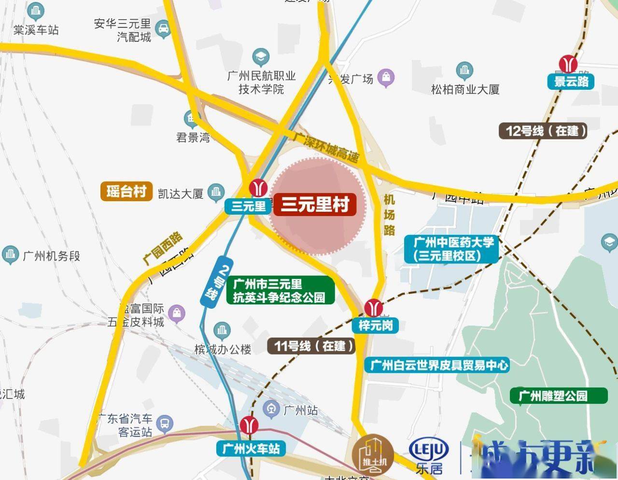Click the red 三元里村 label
[x=315, y=205]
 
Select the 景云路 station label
[x=571, y=81]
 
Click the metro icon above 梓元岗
[x=373, y=307]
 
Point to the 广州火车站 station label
[x=251, y=449]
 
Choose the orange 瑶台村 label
[x=126, y=192]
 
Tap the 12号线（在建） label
[x=543, y=131]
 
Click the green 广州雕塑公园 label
[x=559, y=396]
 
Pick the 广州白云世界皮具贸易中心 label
[x=439, y=365]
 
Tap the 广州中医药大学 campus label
[x=451, y=249]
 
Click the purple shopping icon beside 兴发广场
[x=386, y=77]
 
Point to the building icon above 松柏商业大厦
[x=464, y=70]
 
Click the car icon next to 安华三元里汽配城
[x=163, y=29]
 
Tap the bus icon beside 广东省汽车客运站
[x=165, y=424]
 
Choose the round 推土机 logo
[x=372, y=454]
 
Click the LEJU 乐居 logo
[x=429, y=456]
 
